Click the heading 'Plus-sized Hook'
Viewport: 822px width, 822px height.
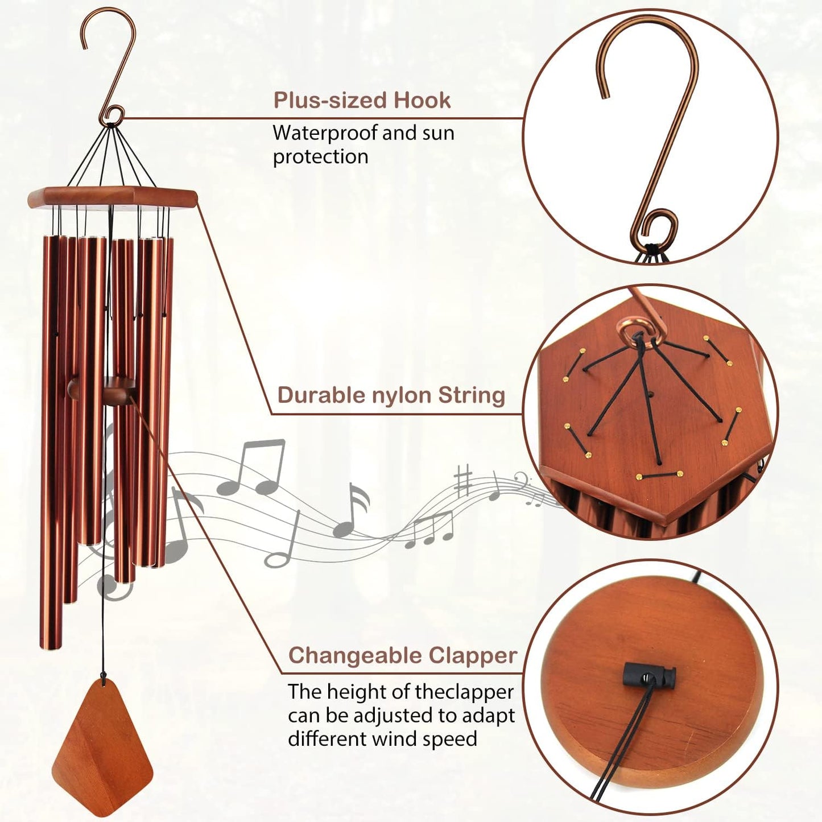(x=362, y=101)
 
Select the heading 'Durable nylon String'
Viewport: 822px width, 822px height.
(x=391, y=395)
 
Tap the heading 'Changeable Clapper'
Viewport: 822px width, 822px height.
(x=403, y=655)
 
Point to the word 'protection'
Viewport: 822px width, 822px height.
(x=320, y=157)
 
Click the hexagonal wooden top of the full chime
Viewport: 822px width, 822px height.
(x=113, y=197)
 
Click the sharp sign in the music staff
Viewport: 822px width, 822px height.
(x=464, y=481)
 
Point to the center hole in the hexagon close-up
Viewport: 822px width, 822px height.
(x=650, y=393)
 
